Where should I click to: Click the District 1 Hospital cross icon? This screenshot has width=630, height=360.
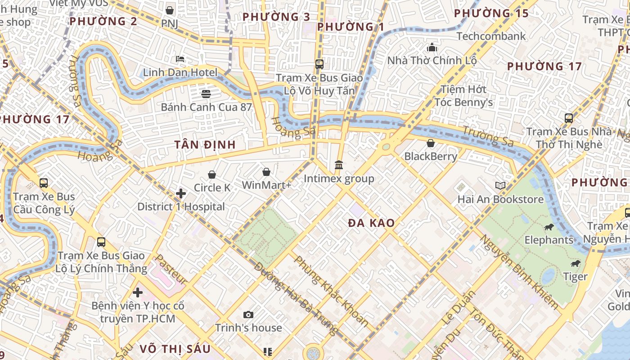[x=181, y=193]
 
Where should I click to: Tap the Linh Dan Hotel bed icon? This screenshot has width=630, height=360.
[x=180, y=59]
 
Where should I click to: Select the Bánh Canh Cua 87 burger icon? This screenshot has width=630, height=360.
[x=206, y=94]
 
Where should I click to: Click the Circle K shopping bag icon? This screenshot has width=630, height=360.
[x=212, y=174]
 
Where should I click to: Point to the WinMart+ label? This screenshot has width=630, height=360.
[x=266, y=185]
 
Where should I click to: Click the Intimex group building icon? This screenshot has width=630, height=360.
[x=339, y=165]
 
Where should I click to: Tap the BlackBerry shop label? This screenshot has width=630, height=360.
[x=431, y=156]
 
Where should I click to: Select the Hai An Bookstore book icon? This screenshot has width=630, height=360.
[x=500, y=185]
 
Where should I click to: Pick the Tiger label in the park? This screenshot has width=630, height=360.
[x=576, y=276]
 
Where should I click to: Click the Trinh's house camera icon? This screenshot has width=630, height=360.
[x=248, y=315]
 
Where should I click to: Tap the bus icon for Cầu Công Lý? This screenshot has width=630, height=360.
[x=44, y=183]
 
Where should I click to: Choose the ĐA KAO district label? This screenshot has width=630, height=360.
[x=371, y=223]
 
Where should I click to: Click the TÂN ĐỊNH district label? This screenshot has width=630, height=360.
[x=205, y=144]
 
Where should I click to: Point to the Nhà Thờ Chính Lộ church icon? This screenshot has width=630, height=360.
[x=432, y=47]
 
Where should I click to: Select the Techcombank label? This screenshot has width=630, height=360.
[x=491, y=36]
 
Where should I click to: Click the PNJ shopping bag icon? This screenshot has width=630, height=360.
[x=170, y=10]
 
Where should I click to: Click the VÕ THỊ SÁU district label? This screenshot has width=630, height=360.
[x=175, y=349]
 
